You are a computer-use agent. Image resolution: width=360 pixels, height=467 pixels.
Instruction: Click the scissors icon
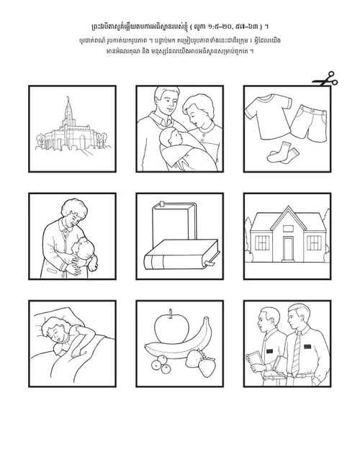(x=325, y=79)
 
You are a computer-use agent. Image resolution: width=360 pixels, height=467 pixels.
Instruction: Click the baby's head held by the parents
(x=168, y=137)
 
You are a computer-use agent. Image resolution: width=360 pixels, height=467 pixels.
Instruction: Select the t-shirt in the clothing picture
(x=267, y=115)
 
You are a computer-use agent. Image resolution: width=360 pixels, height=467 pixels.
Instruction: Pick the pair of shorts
(x=309, y=123)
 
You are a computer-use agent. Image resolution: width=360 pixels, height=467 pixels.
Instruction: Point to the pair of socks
(x=283, y=153)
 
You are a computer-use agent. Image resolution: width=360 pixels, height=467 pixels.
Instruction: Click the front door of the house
(x=288, y=248)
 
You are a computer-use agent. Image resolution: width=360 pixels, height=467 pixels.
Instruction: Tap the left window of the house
(x=262, y=242)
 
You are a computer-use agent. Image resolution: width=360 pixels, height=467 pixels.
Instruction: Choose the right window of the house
(x=314, y=242)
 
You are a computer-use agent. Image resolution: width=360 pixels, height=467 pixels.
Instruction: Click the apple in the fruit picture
(x=172, y=327)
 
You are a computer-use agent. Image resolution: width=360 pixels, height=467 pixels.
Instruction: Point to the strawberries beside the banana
(x=201, y=362)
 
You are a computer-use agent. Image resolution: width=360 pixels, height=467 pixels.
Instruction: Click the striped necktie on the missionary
(x=296, y=354)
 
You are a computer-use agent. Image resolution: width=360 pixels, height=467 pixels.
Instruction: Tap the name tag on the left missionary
(x=269, y=351)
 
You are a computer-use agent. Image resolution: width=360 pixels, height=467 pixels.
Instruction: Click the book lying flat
(x=181, y=254)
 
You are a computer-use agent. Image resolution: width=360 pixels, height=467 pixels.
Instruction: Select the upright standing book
(x=174, y=224)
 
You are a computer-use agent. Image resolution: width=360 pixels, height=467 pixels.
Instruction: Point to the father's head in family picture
(x=166, y=98)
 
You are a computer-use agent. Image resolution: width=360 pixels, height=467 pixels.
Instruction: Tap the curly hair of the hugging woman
(x=74, y=207)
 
